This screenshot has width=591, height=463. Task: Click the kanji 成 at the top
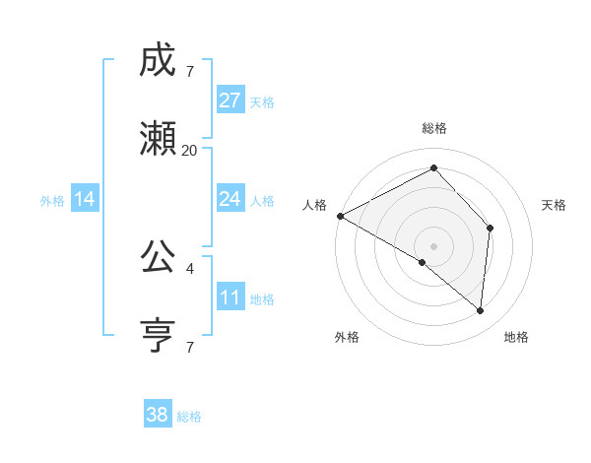pyautogui.click(x=158, y=61)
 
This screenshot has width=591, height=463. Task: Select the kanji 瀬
pyautogui.click(x=158, y=138)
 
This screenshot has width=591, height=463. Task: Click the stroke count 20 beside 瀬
pyautogui.click(x=190, y=150)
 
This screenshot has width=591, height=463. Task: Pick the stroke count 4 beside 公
pyautogui.click(x=190, y=268)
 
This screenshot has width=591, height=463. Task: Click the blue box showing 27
pyautogui.click(x=230, y=100)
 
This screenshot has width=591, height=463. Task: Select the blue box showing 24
pyautogui.click(x=230, y=199)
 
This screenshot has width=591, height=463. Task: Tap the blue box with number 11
pyautogui.click(x=230, y=298)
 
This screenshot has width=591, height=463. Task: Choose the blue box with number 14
pyautogui.click(x=85, y=199)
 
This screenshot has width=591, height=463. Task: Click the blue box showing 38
pyautogui.click(x=158, y=415)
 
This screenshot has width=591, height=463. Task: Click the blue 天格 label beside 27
pyautogui.click(x=262, y=102)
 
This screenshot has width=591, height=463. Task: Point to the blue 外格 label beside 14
pyautogui.click(x=52, y=201)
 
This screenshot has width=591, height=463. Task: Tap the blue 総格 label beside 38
pyautogui.click(x=189, y=417)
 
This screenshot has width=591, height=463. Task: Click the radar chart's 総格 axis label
pyautogui.click(x=434, y=128)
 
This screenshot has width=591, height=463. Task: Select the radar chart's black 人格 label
pyautogui.click(x=315, y=205)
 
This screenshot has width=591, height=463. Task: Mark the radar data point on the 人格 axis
pyautogui.click(x=340, y=215)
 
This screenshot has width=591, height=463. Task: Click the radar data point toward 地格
pyautogui.click(x=480, y=310)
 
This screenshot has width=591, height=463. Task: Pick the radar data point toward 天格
pyautogui.click(x=490, y=228)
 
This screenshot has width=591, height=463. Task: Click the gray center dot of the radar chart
pyautogui.click(x=433, y=245)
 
